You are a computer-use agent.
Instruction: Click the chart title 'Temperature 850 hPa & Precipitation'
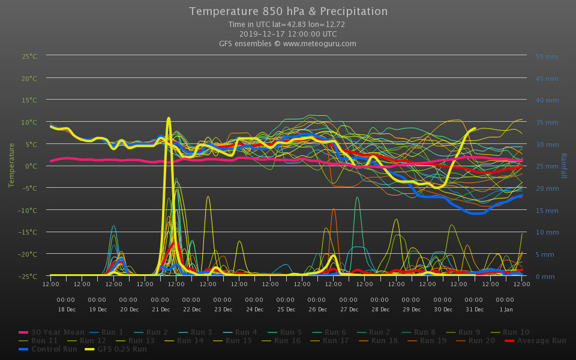pyautogui.click(x=288, y=11)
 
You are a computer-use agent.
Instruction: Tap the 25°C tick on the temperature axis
pyautogui.click(x=29, y=56)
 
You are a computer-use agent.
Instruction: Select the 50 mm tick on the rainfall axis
pyautogui.click(x=547, y=56)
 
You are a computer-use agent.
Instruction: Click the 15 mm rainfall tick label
pyautogui.click(x=547, y=210)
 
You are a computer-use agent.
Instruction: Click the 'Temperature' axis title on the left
pyautogui.click(x=11, y=165)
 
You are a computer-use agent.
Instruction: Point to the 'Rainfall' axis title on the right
pyautogui.click(x=563, y=166)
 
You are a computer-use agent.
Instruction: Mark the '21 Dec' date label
pyautogui.click(x=161, y=310)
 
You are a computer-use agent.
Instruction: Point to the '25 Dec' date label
pyautogui.click(x=286, y=310)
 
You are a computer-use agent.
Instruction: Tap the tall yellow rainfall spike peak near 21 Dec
pyautogui.click(x=169, y=118)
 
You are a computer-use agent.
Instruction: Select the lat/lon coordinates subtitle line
pyautogui.click(x=287, y=25)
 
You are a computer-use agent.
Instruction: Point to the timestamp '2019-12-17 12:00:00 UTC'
pyautogui.click(x=288, y=34)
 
